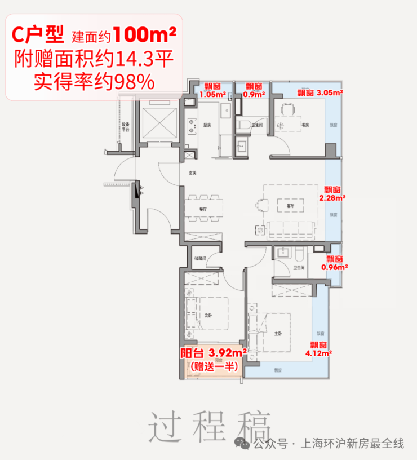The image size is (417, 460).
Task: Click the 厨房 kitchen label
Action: click(206, 125)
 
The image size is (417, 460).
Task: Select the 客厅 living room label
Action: click(290, 206)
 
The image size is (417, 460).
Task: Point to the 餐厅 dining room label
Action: click(203, 209)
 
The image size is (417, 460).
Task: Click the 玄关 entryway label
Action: click(192, 172)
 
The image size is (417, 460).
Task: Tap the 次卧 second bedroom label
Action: click(208, 315)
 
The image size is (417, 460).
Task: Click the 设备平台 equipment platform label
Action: click(125, 127)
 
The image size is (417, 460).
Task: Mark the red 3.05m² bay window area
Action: click(330, 92)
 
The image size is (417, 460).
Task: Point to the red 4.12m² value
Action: click(318, 353)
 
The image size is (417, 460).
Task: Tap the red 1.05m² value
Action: click(212, 94)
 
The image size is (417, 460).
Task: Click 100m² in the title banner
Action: click(144, 36)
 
